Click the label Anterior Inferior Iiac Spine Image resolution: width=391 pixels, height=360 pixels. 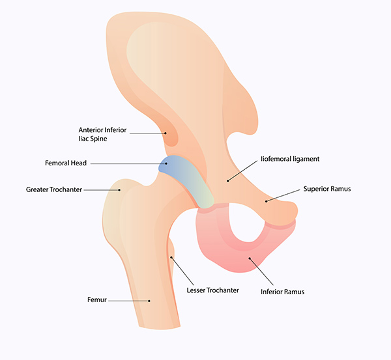point(102,133)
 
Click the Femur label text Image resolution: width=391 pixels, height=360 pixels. point(98,300)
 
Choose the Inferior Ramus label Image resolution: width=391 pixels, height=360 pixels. point(282,292)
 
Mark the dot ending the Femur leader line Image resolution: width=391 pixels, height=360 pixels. point(149,300)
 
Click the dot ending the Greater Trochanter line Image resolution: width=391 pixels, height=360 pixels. point(121,190)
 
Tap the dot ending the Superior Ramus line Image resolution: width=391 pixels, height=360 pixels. point(266,201)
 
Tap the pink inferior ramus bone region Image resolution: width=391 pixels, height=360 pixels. point(215,244)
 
